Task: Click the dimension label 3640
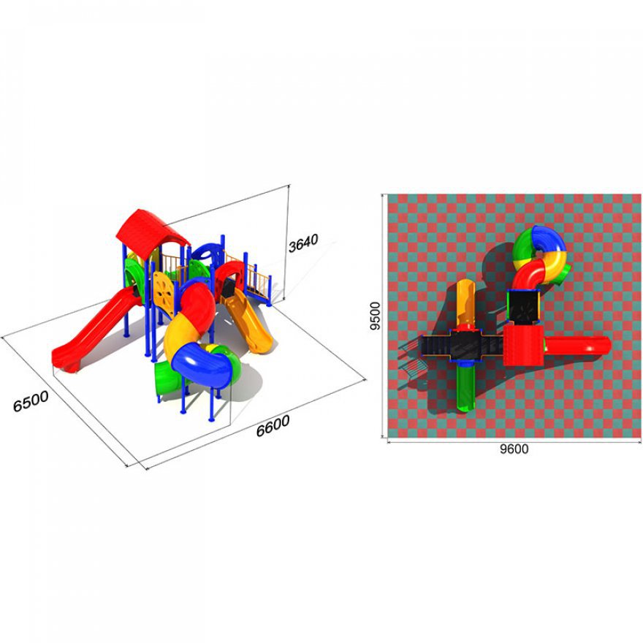click(303, 243)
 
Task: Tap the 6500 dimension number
click(31, 400)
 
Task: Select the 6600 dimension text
click(273, 425)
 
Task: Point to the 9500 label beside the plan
click(375, 316)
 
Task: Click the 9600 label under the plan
click(514, 449)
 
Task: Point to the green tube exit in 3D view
click(167, 378)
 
